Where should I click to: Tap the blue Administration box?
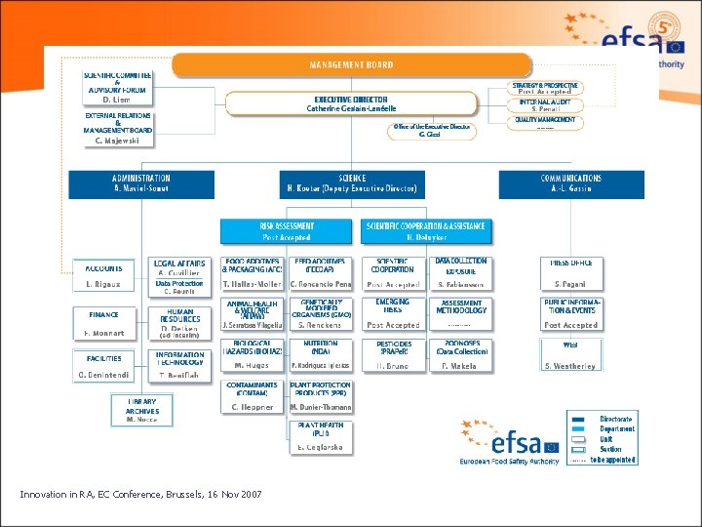click(140, 183)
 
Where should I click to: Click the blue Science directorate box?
click(352, 183)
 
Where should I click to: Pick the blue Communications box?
click(571, 183)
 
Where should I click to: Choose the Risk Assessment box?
click(286, 231)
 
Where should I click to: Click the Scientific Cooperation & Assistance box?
click(425, 231)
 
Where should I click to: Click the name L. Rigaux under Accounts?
click(102, 284)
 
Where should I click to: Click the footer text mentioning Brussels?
click(140, 496)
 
